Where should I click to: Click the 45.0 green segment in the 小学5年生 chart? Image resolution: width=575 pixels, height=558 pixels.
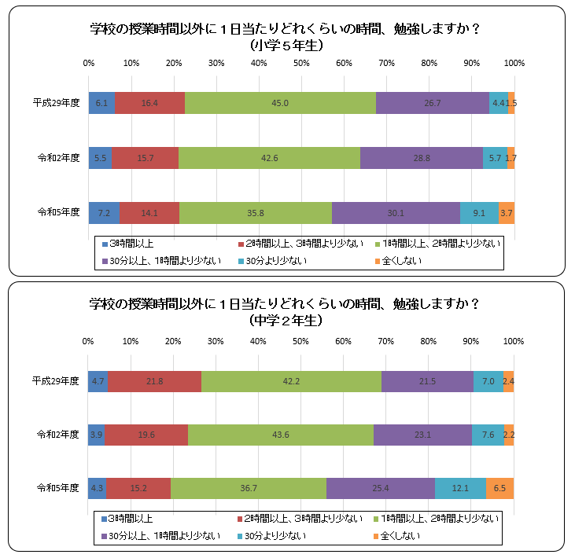280,103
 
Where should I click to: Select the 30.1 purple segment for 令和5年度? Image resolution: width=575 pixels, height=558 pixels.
396,212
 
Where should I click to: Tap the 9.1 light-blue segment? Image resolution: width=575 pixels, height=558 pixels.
479,212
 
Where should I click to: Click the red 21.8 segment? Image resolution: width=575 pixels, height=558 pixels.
154,381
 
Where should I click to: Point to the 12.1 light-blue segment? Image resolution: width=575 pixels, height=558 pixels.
460,488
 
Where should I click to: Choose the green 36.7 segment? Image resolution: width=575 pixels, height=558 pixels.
249,488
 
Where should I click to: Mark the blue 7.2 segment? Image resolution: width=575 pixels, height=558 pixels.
104,212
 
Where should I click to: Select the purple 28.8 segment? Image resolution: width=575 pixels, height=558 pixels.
422,158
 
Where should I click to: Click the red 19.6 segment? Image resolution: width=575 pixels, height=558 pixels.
146,435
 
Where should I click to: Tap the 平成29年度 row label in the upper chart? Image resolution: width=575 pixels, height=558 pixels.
56,103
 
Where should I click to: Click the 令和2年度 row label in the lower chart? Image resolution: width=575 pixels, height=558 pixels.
56,435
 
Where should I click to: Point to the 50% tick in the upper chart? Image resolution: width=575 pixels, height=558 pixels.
301,63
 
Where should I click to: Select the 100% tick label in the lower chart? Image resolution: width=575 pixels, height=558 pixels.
513,341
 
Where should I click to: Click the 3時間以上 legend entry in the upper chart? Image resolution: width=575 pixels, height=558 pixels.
131,244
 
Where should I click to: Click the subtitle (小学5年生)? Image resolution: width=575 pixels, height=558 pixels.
286,46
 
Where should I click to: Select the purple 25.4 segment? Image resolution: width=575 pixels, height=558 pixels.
381,488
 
